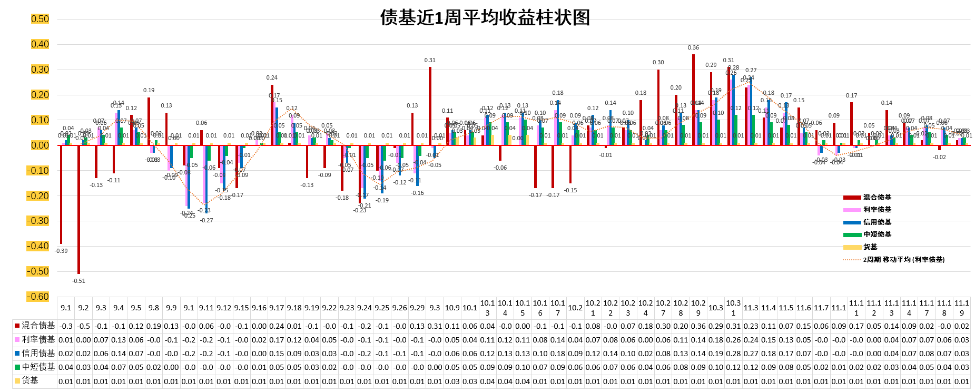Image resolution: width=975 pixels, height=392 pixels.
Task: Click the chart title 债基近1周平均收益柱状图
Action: pos(485,18)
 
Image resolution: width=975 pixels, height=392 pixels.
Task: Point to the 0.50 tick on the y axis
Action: pos(40,19)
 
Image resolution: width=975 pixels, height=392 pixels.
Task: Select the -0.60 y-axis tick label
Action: pos(38,297)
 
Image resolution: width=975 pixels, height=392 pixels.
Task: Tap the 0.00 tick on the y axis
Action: pos(40,145)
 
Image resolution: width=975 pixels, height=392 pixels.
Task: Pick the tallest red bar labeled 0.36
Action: pos(693,100)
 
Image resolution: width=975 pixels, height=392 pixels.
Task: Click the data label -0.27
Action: pos(206,220)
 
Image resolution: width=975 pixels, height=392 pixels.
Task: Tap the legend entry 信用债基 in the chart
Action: pos(877,222)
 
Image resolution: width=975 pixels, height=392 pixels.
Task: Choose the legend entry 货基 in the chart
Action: pos(870,247)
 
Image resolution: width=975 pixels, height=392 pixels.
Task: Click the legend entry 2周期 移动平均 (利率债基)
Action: pos(903,259)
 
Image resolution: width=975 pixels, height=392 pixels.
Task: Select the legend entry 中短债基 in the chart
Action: pos(877,234)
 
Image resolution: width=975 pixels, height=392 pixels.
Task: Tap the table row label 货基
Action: pos(30,380)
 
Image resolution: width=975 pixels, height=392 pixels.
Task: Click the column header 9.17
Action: pos(277,308)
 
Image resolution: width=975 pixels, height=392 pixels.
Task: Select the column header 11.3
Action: pos(751,308)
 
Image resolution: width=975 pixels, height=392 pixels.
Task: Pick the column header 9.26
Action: pos(399,308)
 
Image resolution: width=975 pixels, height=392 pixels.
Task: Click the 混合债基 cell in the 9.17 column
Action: pos(277,326)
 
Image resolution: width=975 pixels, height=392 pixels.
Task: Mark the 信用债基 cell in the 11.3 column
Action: pos(751,354)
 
